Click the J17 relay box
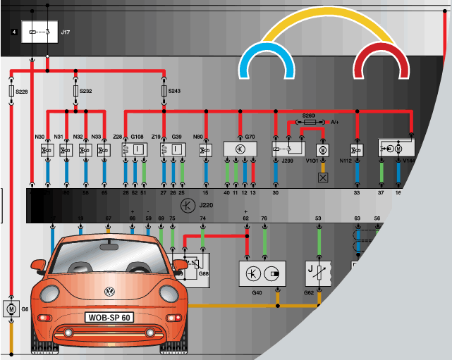click(x=39, y=32)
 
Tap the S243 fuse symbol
click(x=164, y=92)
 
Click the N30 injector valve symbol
click(x=46, y=150)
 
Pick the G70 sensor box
click(x=240, y=149)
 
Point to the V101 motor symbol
click(x=322, y=150)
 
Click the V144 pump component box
click(x=396, y=149)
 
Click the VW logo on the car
click(x=109, y=291)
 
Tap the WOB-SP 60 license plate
click(x=109, y=317)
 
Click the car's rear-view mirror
click(x=109, y=247)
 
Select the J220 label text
click(x=206, y=205)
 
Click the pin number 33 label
click(x=357, y=192)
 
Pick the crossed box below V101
click(x=322, y=178)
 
